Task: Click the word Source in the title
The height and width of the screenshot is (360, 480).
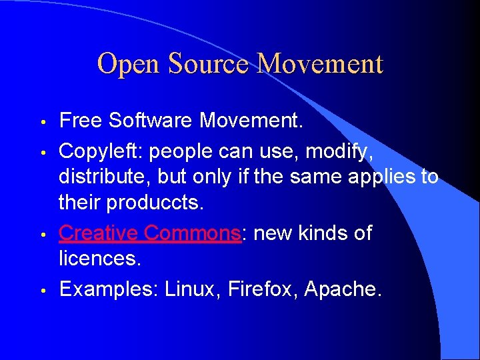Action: point(208,65)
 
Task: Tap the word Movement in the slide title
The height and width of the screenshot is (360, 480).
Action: point(321,65)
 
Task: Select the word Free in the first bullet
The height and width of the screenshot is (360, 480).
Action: point(81,121)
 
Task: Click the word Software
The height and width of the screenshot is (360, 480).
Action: point(153,121)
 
